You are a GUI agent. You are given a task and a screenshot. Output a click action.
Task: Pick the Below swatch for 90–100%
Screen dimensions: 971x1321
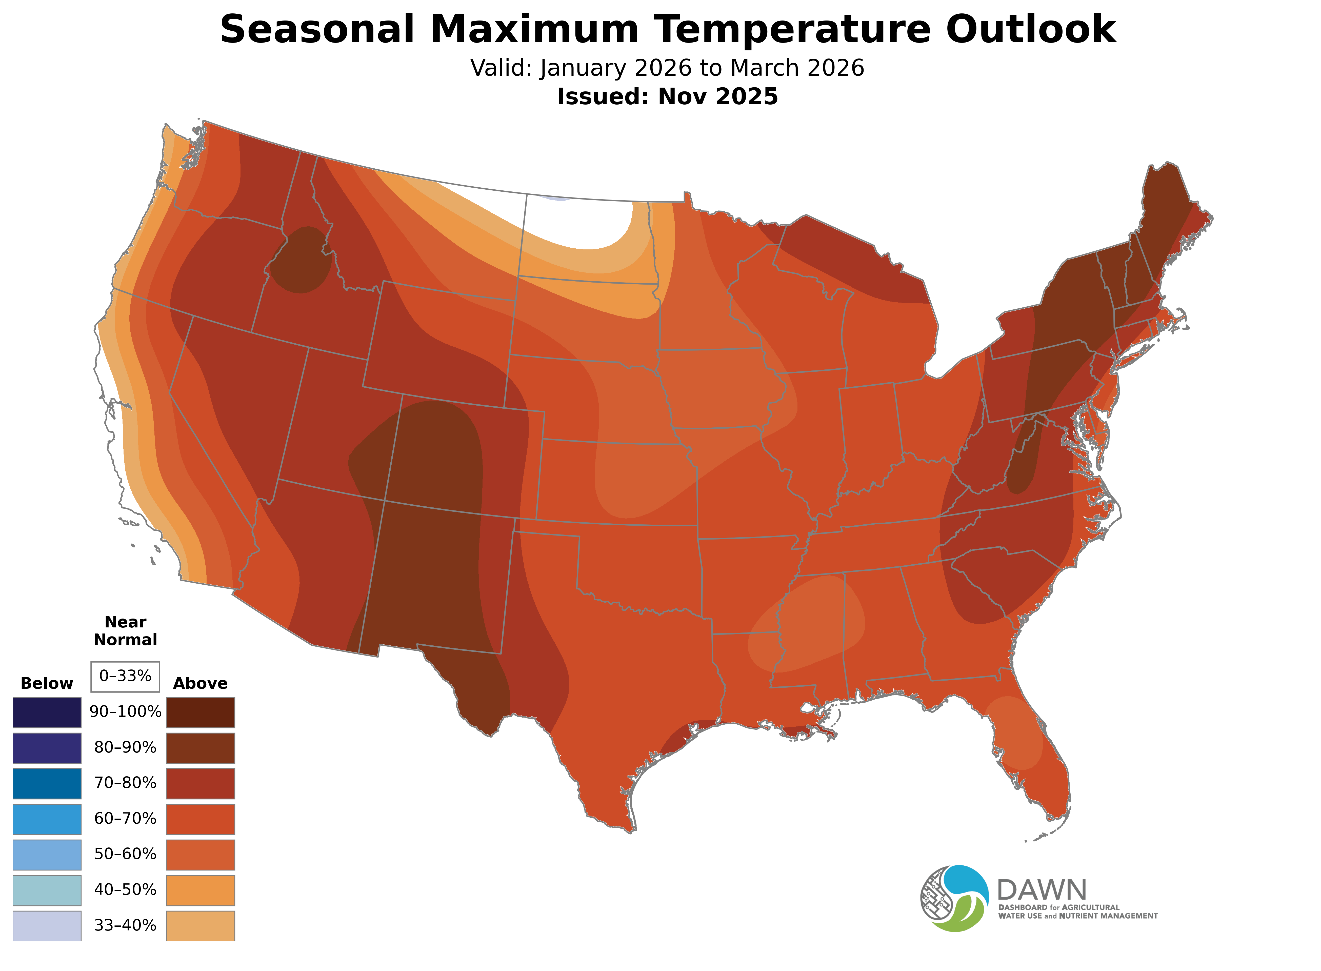(x=47, y=712)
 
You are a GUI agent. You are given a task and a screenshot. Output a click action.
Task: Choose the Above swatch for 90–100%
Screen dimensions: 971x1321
(x=201, y=712)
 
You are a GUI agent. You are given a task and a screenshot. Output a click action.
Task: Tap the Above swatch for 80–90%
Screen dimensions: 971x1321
(x=201, y=748)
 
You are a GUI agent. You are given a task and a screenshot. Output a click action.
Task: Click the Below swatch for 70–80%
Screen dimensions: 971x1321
(x=47, y=783)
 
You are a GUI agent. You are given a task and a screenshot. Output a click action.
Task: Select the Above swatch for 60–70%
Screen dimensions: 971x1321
(x=201, y=819)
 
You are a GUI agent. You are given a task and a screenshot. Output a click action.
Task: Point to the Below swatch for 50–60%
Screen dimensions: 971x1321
(x=47, y=855)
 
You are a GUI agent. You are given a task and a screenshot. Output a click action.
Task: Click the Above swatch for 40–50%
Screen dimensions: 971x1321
(x=201, y=890)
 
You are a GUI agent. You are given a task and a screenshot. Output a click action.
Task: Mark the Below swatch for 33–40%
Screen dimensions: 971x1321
(x=47, y=926)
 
